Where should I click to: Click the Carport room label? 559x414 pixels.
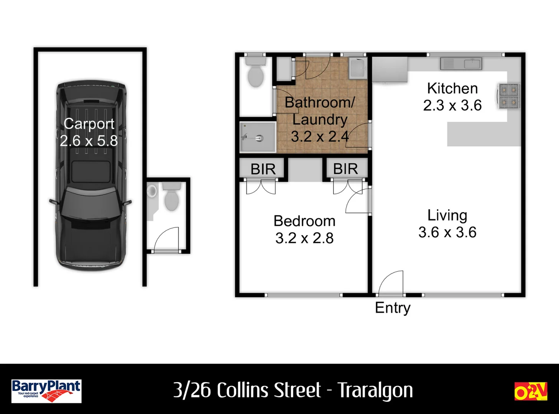point(89,124)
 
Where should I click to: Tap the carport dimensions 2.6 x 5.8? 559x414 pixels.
point(89,141)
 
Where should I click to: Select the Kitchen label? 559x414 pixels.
point(452,89)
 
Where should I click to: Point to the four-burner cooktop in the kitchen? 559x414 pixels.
point(509,96)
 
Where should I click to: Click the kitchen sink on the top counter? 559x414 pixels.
point(461,63)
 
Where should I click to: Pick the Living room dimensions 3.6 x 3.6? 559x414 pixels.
point(447,232)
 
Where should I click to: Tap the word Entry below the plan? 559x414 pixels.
point(393,308)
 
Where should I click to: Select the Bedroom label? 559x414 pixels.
point(304,221)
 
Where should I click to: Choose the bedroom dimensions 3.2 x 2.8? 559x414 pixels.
point(304,238)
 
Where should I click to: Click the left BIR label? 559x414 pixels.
point(263,169)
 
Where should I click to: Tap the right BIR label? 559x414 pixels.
point(345,169)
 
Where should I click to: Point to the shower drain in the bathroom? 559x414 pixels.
point(260,137)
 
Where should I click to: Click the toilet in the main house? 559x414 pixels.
point(256,73)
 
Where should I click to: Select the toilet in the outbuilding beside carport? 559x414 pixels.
point(171,197)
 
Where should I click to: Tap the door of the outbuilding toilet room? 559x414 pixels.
point(166,239)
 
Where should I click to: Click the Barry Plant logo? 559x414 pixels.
point(46,391)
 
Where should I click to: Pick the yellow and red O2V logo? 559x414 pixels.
point(531,391)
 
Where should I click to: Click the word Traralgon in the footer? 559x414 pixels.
point(375,391)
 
